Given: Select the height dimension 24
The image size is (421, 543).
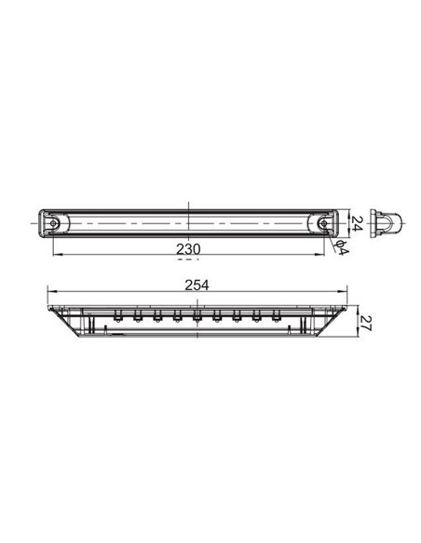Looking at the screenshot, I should point(355,221).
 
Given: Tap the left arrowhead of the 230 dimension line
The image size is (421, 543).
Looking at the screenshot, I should point(56,257).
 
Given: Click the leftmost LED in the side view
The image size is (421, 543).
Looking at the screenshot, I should point(116,318).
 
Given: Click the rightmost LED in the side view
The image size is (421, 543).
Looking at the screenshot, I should point(275,318).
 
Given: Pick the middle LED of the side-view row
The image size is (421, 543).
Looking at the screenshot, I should point(196,318).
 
